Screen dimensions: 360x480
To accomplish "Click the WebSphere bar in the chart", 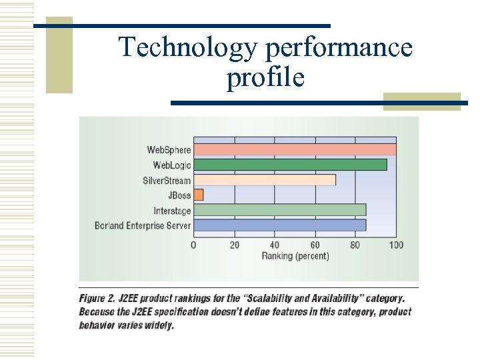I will pos(295,149).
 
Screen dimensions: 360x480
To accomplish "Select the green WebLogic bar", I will pos(290,165).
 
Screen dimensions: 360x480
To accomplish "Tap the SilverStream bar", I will pos(265,180).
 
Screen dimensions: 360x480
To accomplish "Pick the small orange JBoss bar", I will pos(199,195).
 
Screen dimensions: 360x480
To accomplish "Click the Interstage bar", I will pos(279,210).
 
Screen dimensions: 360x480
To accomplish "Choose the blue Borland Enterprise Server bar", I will pos(279,225).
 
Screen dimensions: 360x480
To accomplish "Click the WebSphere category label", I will pos(169,149).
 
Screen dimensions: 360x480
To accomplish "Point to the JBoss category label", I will pos(179,196).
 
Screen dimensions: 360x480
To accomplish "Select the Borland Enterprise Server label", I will pos(143,226).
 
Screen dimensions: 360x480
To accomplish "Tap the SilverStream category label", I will pos(167,181).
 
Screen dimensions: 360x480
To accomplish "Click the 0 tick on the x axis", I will pos(193,245).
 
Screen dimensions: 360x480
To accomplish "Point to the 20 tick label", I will pos(235,245).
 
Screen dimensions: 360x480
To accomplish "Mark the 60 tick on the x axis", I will pos(315,245).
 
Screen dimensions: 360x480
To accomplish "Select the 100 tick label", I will pos(396,245).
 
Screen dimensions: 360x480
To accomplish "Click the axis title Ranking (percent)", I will pos(295,256).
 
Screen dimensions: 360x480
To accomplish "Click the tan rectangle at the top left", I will pos(59,55).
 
